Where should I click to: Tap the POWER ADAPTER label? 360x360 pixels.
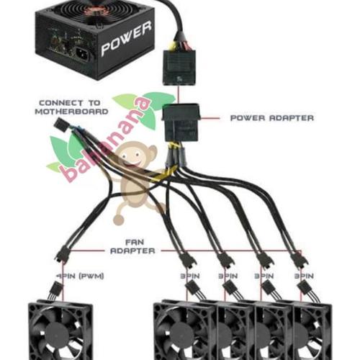pos(271,117)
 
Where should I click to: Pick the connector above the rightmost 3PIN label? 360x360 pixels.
pos(297,258)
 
